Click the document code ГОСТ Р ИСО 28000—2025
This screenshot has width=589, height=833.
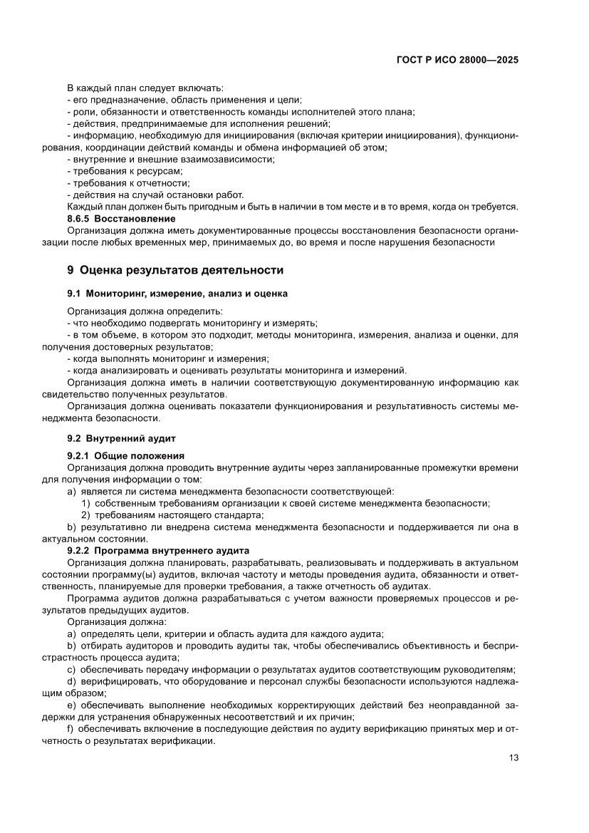coord(457,61)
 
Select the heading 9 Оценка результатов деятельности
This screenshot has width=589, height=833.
coord(174,270)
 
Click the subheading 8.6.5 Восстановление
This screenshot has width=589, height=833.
coord(120,218)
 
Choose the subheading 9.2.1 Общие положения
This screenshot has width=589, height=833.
coord(125,456)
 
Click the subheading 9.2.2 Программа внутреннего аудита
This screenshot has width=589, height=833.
coord(157,550)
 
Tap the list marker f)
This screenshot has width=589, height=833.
coord(70,728)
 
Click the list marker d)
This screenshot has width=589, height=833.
coord(71,681)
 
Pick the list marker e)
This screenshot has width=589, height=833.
coord(71,705)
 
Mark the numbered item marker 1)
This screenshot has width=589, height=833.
coord(85,503)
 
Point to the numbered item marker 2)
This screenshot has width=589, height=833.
coord(85,515)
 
